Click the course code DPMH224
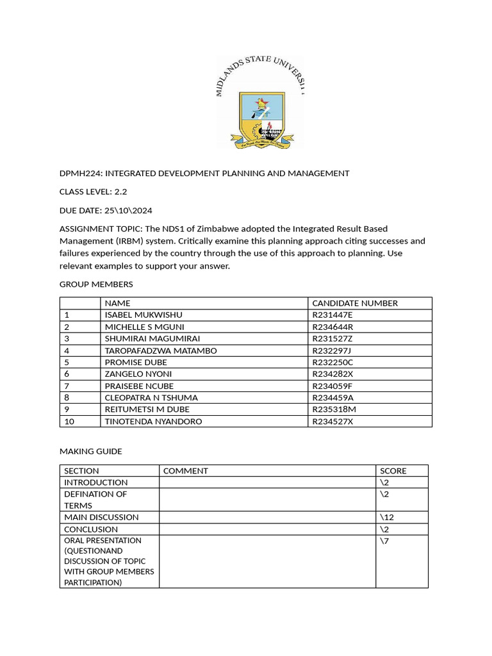click(x=79, y=173)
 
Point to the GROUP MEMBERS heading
click(x=96, y=284)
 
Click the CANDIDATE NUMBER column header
click(x=354, y=303)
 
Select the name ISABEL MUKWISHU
click(x=143, y=315)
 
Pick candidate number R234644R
click(x=332, y=327)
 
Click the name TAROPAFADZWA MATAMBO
click(x=160, y=350)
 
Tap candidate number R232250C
click(x=332, y=362)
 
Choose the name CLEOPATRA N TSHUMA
click(x=151, y=397)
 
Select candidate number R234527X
click(x=332, y=421)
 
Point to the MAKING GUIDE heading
click(x=90, y=451)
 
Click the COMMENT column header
click(x=185, y=471)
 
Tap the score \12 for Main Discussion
click(x=387, y=517)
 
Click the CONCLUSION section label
click(x=90, y=529)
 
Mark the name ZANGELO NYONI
click(x=138, y=373)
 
